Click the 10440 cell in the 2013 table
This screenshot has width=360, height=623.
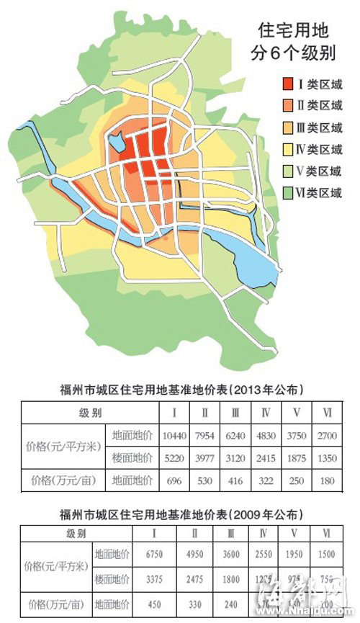[175, 436]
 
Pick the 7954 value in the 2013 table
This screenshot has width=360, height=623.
[205, 436]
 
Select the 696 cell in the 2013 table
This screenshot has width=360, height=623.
[175, 480]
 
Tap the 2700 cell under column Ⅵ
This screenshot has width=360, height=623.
[328, 436]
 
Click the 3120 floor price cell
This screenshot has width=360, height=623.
[236, 458]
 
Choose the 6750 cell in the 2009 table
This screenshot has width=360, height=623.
[175, 556]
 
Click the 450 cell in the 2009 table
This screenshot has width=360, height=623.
[175, 604]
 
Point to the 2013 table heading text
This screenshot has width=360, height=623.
[181, 390]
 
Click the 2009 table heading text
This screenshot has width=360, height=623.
[181, 516]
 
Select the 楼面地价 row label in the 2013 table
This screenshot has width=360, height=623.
[131, 458]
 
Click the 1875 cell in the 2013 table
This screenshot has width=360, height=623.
[297, 458]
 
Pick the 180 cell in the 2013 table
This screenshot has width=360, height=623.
[328, 480]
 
